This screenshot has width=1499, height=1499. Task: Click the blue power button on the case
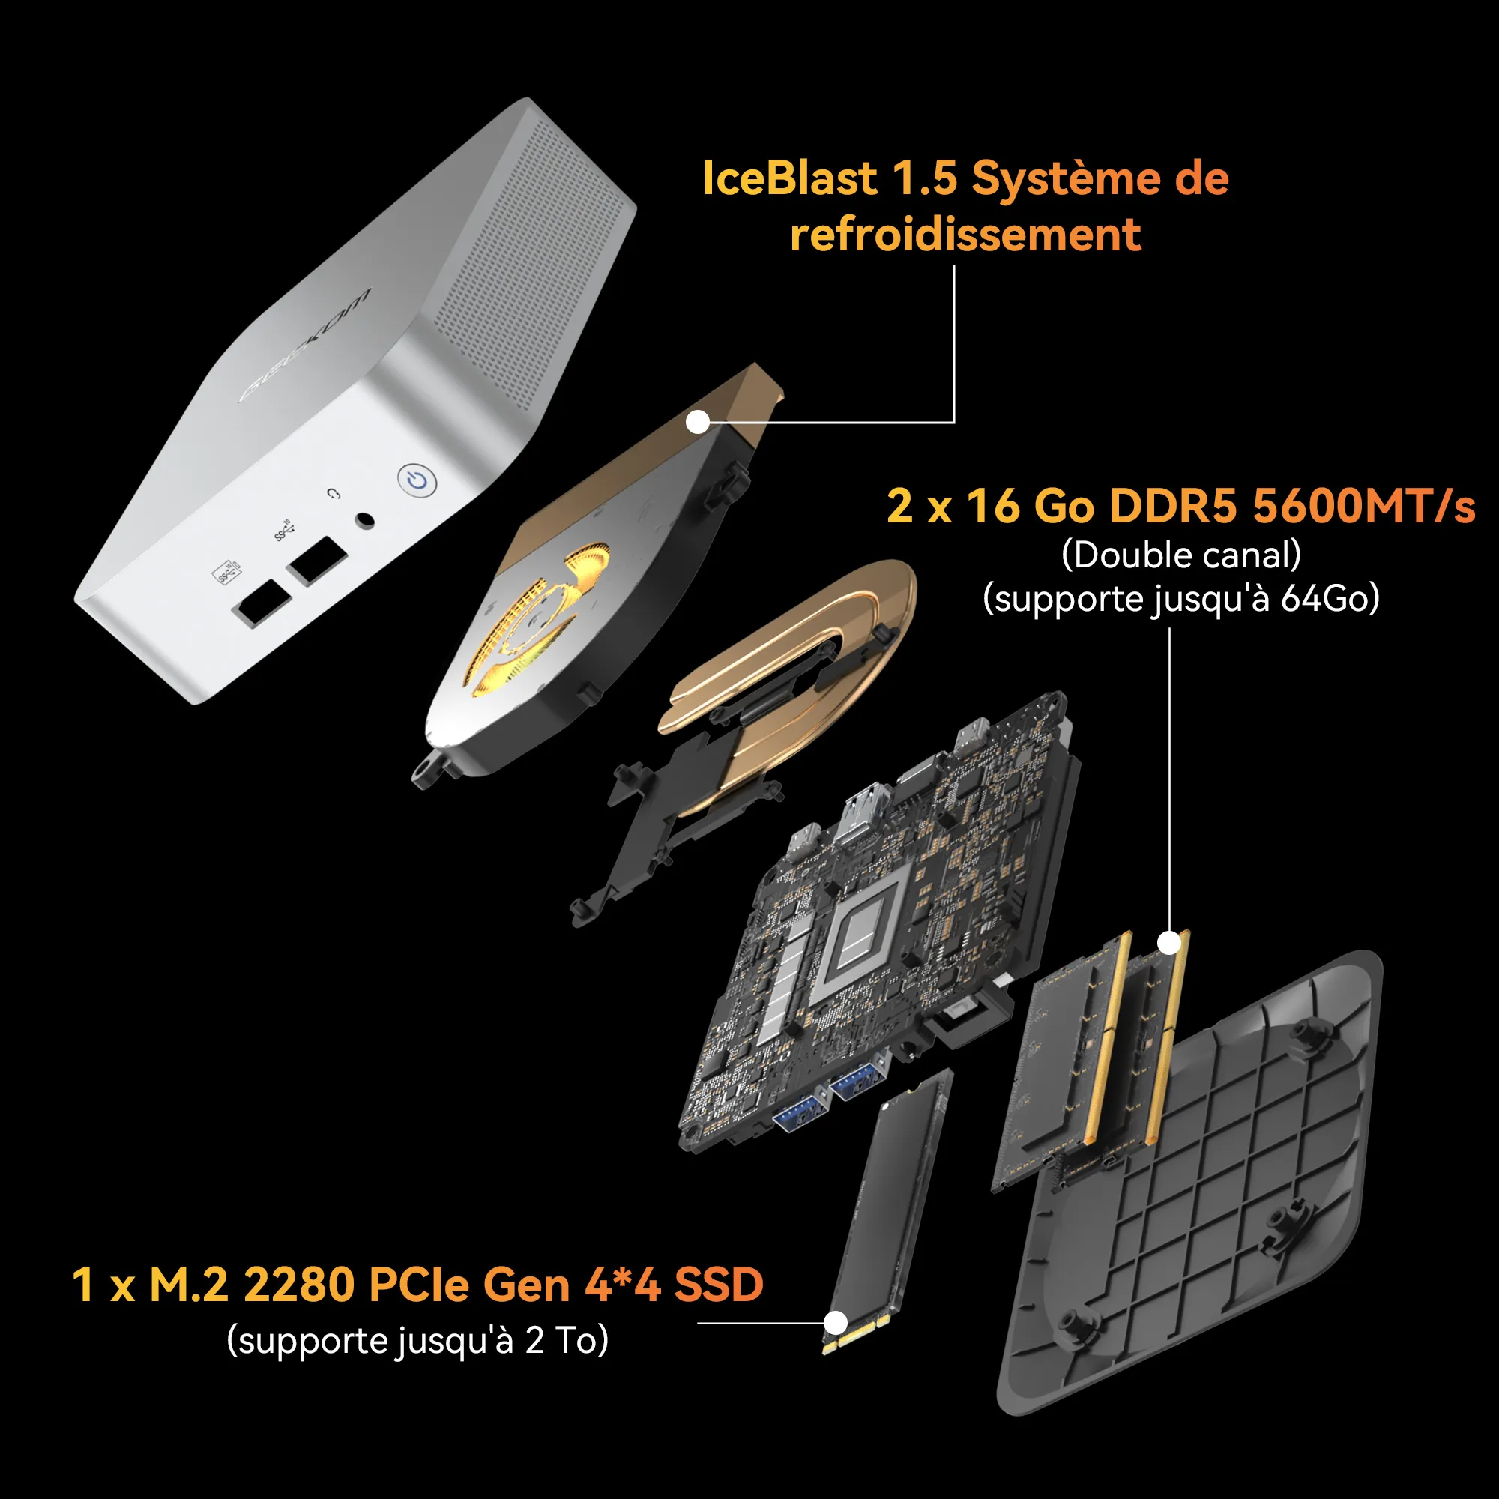[x=417, y=480]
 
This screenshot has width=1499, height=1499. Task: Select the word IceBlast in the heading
[x=790, y=178]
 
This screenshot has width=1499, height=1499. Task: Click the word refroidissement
[x=965, y=235]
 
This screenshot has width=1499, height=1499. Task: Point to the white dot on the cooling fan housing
[x=698, y=422]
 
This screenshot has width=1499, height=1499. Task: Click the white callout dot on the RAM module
[x=1169, y=943]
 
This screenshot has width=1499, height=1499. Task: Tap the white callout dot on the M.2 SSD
[x=835, y=1323]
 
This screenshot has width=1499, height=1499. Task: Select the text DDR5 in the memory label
[x=1173, y=506]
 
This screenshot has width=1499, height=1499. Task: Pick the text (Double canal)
[x=1181, y=555]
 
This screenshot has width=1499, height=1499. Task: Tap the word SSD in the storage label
[x=719, y=1285]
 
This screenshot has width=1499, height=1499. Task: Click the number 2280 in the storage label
[x=301, y=1285]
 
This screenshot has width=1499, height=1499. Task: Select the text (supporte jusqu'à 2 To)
[x=417, y=1341]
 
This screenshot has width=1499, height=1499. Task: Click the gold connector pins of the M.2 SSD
[x=855, y=1335]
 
